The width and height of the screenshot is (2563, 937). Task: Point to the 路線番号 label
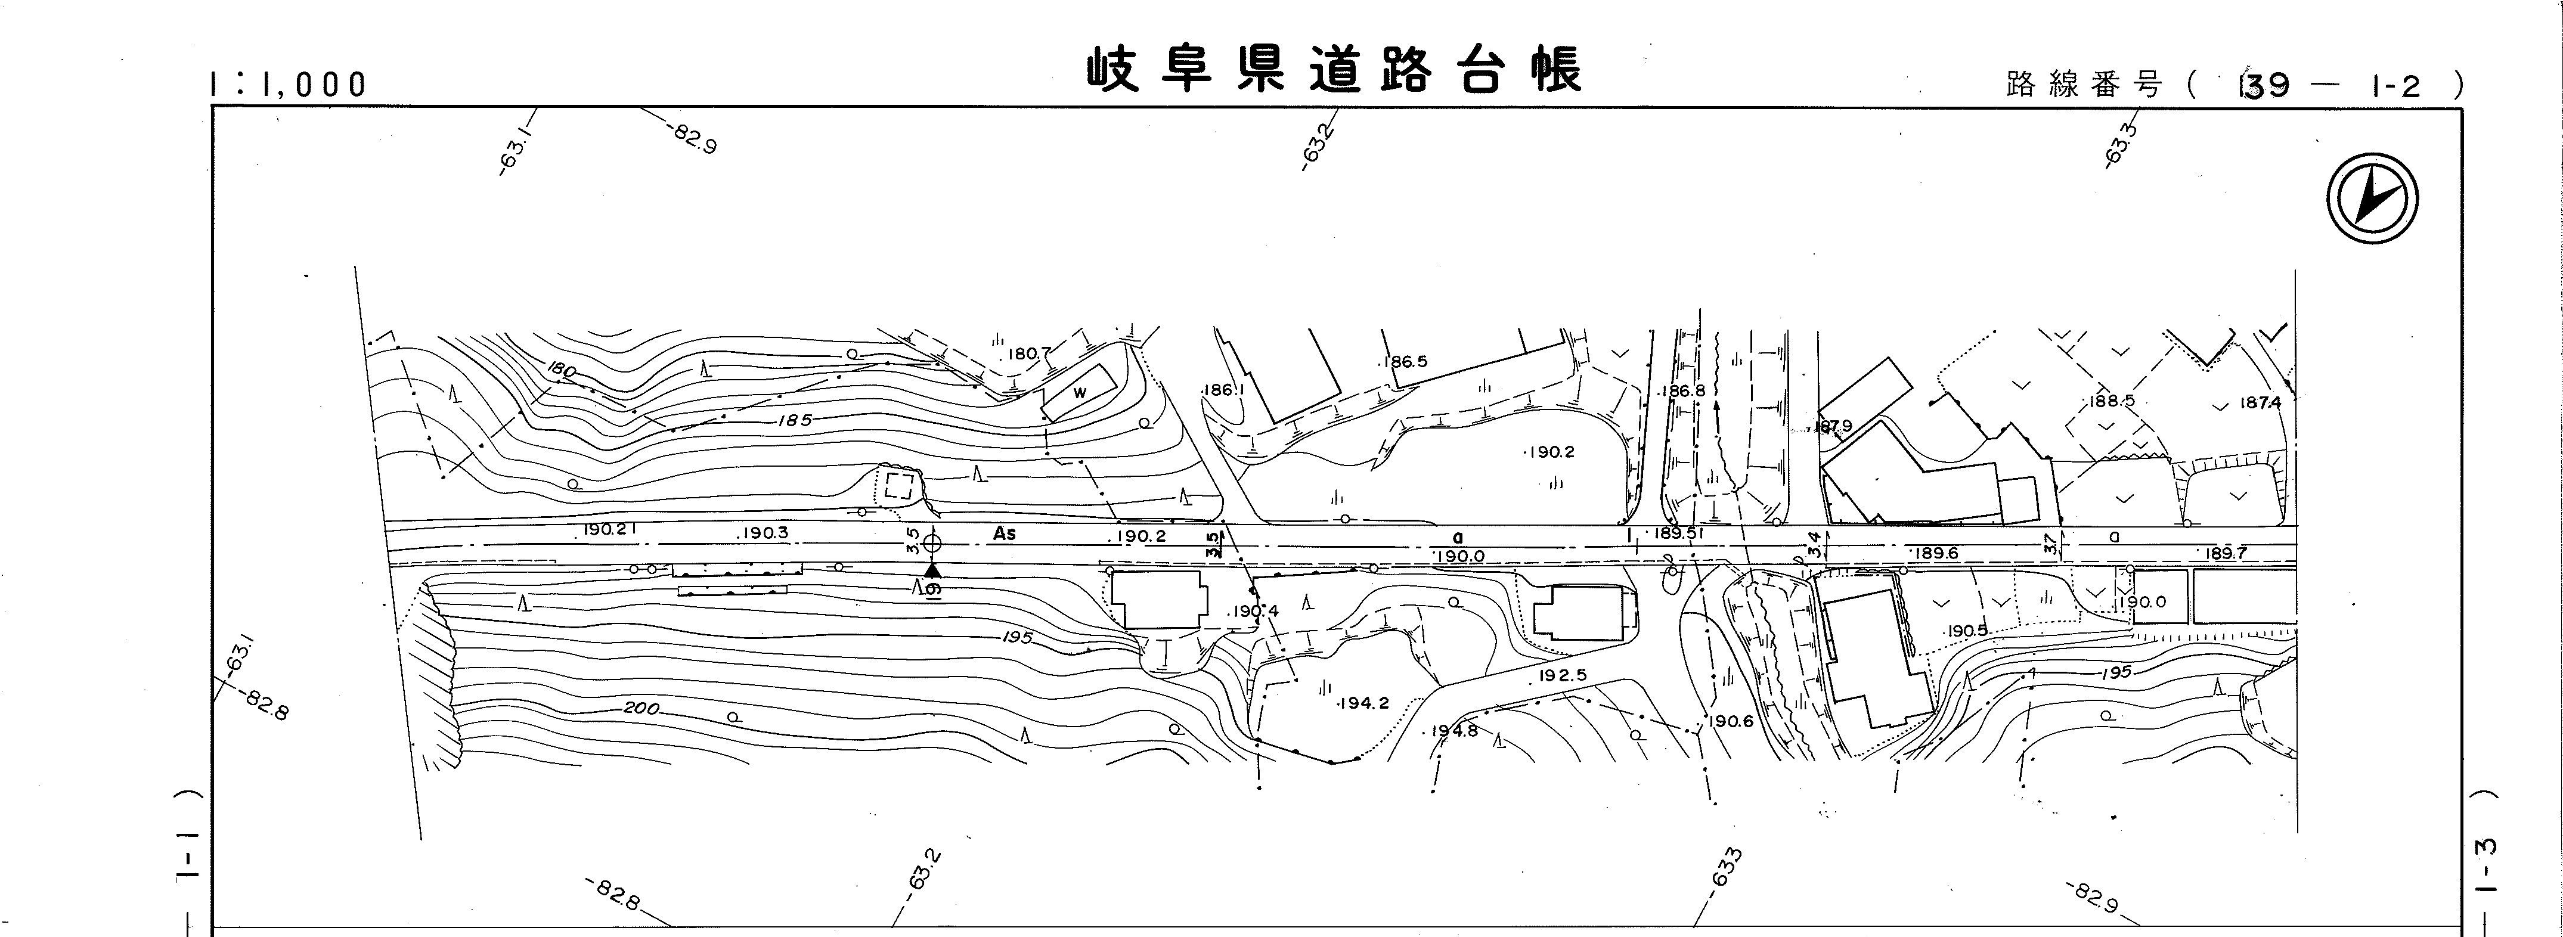(x=2084, y=86)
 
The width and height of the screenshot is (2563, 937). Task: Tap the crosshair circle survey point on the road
(x=932, y=543)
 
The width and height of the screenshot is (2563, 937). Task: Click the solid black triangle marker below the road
(x=932, y=570)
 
